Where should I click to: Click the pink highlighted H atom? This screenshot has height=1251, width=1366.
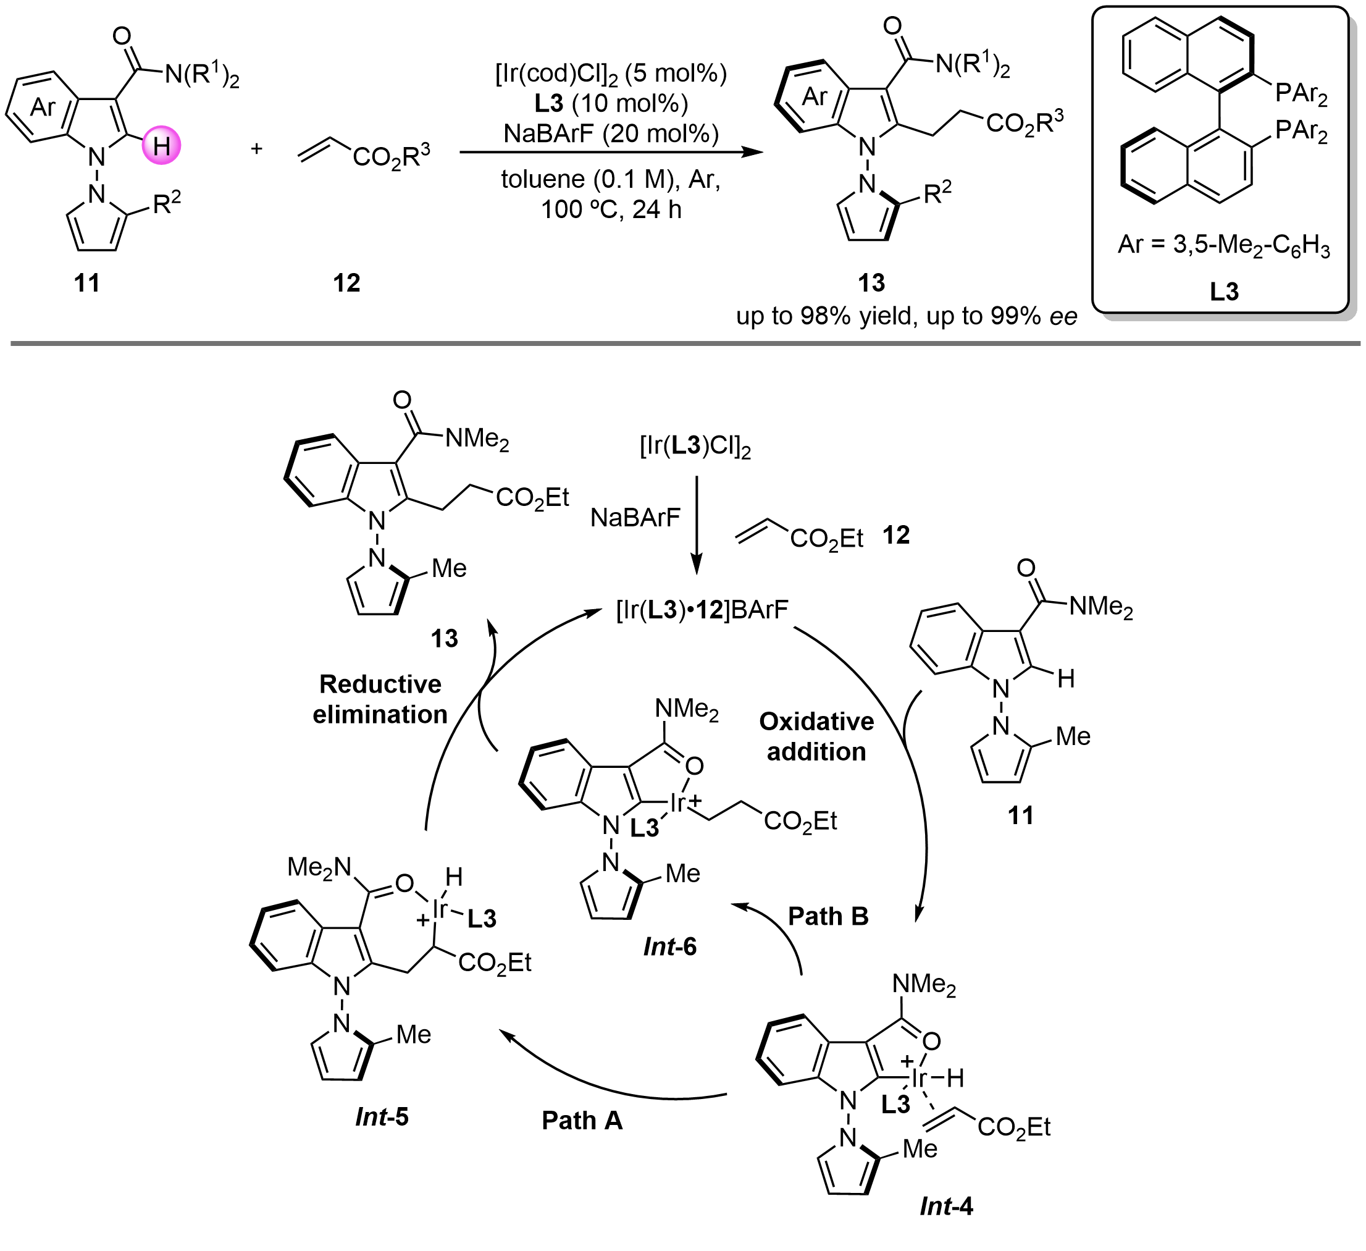161,145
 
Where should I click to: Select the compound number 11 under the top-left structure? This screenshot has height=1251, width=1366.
86,282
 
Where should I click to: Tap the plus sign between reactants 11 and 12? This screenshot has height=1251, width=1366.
257,148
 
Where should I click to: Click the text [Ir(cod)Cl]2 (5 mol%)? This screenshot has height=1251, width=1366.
611,73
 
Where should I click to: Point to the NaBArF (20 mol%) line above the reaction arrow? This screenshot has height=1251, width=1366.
611,133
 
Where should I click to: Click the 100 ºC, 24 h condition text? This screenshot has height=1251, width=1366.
611,209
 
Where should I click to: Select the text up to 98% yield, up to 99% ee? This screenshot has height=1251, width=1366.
907,316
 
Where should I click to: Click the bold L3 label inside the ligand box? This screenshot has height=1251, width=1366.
1225,292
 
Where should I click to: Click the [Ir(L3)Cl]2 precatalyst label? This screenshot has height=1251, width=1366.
696,447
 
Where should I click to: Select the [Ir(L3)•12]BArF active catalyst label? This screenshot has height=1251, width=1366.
702,610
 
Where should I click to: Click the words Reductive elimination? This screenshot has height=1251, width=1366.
380,699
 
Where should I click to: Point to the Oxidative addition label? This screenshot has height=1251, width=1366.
816,736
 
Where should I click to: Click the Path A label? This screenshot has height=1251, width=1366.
582,1120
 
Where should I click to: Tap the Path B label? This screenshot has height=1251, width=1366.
828,916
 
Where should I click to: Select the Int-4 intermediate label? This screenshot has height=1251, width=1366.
946,1206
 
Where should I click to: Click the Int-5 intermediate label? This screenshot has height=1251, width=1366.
382,1117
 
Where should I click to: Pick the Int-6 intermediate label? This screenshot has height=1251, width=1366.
669,946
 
